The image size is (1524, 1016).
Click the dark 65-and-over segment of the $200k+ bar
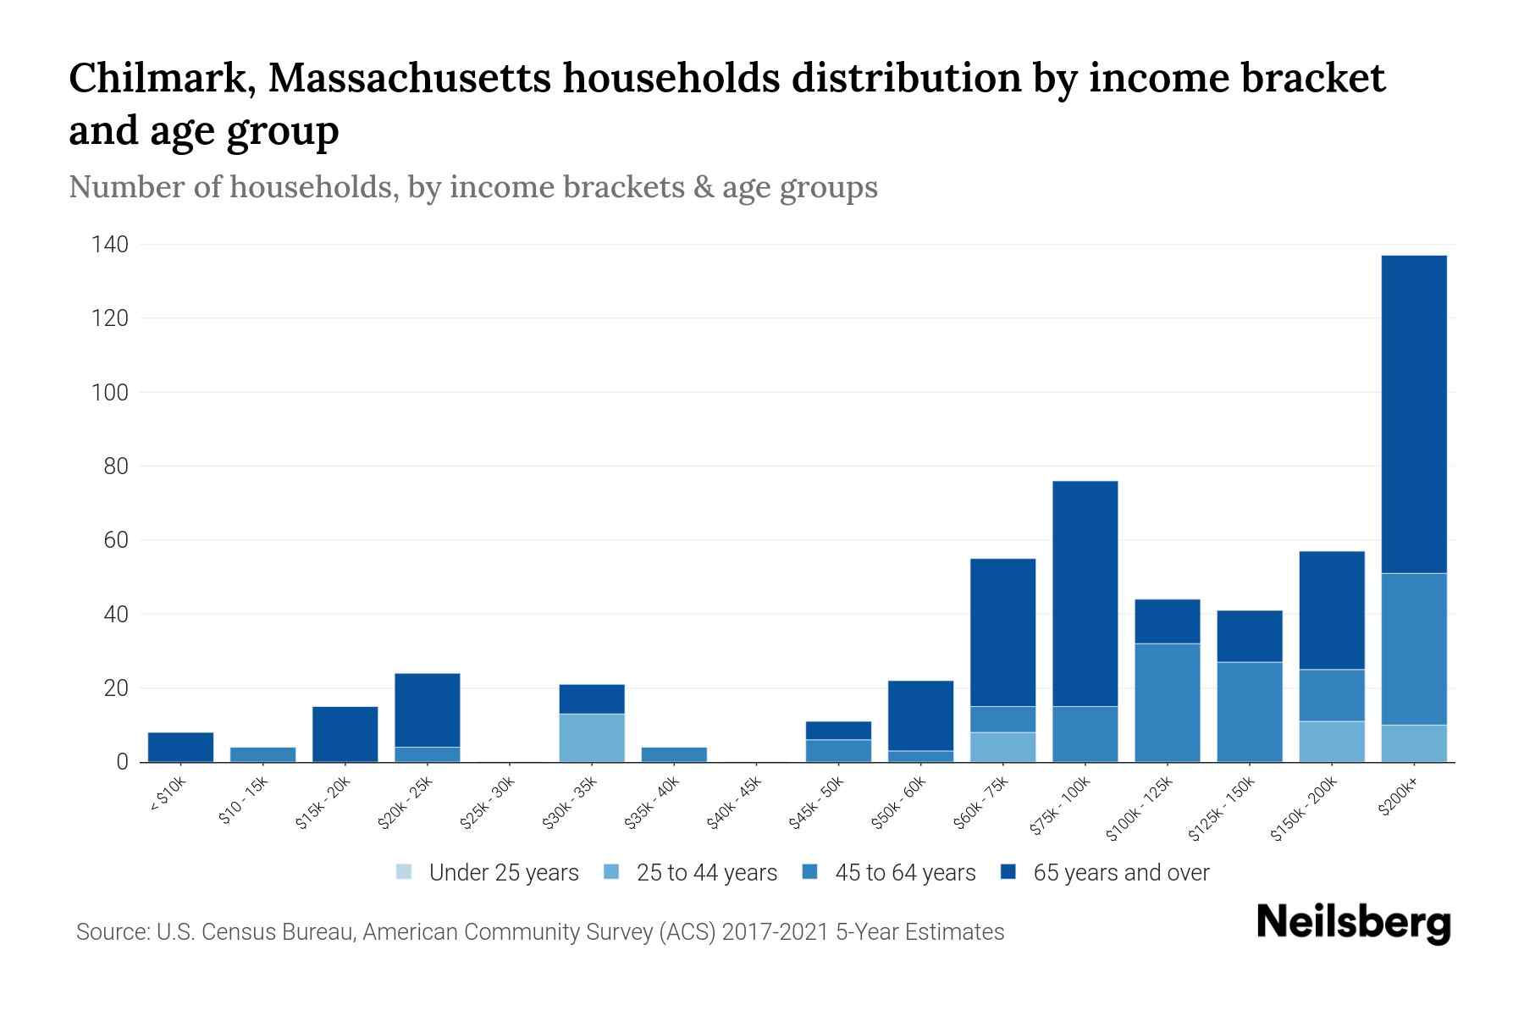(1414, 414)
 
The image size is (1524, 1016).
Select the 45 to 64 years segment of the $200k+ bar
(1414, 649)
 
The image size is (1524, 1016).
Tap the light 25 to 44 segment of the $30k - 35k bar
(592, 737)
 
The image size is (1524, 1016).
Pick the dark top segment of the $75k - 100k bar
(1085, 594)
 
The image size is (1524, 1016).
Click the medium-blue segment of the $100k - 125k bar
(1167, 703)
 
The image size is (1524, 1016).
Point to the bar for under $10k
(180, 747)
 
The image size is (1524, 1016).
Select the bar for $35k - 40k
(674, 754)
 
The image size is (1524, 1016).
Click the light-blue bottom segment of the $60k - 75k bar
(1002, 747)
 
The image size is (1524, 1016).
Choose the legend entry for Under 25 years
(488, 873)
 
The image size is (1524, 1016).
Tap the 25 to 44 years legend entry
(691, 873)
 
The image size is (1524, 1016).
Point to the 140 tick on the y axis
(111, 245)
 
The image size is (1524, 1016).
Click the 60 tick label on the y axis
(117, 540)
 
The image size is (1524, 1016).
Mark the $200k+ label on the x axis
(1398, 800)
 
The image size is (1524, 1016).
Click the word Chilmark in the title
(163, 78)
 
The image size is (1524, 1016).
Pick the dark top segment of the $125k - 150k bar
(1249, 636)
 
